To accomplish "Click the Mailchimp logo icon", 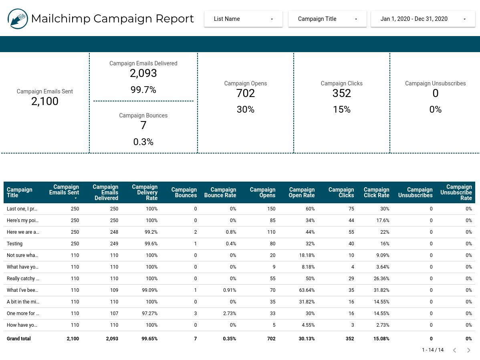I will tap(18, 19).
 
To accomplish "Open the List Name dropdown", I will tap(243, 19).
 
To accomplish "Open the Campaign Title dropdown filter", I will tap(327, 19).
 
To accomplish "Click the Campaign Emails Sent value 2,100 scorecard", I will tap(45, 101).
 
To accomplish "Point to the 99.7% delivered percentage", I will tap(143, 90).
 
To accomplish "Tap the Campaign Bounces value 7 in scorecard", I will tap(143, 125).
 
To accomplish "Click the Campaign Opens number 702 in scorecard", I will tap(246, 93).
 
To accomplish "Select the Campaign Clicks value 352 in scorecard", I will tap(342, 93).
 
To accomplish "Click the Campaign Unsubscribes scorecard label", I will tap(435, 83).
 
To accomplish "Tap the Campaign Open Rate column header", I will tap(301, 192).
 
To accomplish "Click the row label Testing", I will tap(15, 244).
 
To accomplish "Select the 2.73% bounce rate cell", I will tap(230, 313).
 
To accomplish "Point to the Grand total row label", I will tap(19, 339).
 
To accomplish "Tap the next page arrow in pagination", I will tap(468, 350).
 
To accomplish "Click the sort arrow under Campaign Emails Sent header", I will tap(75, 198).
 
